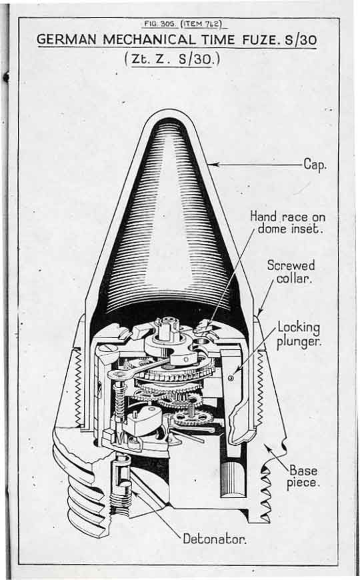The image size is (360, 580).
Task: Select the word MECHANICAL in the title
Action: [148, 39]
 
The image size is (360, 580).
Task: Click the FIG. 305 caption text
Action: [156, 24]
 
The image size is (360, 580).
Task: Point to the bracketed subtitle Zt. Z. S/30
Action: [173, 59]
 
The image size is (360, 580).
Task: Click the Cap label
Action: [315, 164]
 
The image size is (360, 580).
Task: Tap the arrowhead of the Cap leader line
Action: [213, 164]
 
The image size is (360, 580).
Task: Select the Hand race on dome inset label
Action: [287, 222]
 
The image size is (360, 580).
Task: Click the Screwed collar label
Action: [291, 271]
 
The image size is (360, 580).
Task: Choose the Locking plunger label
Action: [299, 335]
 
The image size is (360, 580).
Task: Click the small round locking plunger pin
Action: [231, 377]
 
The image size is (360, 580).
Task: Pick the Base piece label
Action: [303, 477]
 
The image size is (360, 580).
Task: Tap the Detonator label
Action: [215, 539]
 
